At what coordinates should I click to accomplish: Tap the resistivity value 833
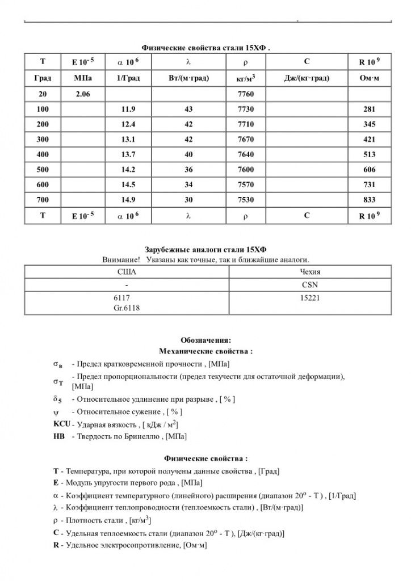370,200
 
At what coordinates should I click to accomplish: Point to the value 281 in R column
370,108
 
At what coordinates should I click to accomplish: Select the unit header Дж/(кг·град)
307,78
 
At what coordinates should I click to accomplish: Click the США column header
126,272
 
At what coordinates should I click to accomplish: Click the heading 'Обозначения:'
205,340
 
